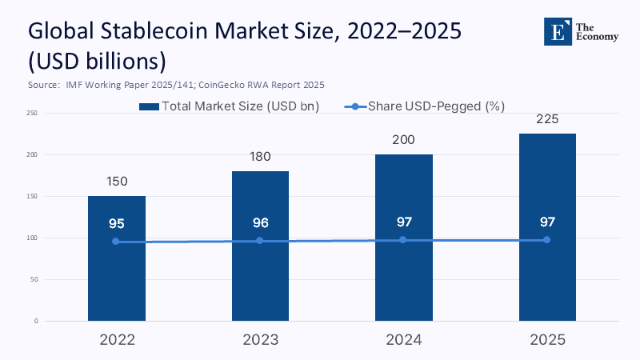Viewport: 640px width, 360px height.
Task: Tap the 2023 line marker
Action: coord(259,241)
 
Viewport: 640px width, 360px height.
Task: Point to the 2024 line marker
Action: coord(403,240)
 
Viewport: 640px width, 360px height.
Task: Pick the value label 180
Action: coord(259,158)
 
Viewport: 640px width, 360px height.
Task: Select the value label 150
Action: coord(116,182)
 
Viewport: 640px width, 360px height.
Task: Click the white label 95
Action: coord(116,223)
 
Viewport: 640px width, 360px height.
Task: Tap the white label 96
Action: coord(259,222)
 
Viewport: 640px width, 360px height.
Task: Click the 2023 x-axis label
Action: coord(259,340)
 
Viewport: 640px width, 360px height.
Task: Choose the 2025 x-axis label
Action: coord(546,340)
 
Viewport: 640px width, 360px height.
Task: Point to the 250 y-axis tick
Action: coord(32,113)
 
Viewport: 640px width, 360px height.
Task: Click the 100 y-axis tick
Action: coord(32,238)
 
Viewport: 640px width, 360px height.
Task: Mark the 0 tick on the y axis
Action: coord(35,321)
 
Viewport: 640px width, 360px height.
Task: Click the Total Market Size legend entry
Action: coord(229,106)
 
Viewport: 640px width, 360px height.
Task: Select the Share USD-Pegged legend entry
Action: coord(425,106)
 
